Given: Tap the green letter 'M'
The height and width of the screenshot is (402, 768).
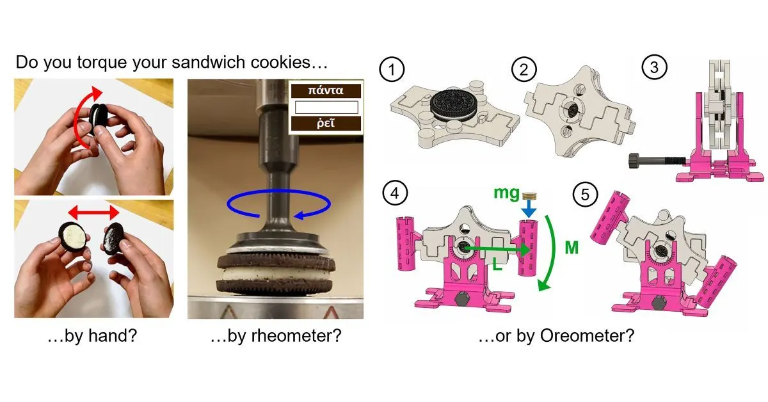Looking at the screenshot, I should [x=571, y=247].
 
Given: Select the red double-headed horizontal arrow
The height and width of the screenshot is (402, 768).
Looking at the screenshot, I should [x=93, y=212].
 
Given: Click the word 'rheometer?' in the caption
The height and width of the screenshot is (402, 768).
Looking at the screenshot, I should [x=297, y=337].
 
